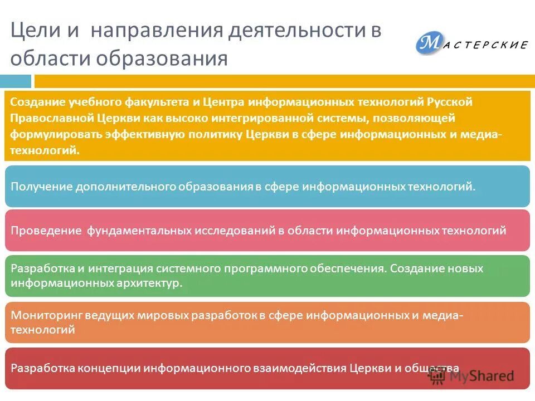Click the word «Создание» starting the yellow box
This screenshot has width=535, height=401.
coord(37,102)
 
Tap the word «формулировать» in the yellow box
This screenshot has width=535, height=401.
coord(54,134)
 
